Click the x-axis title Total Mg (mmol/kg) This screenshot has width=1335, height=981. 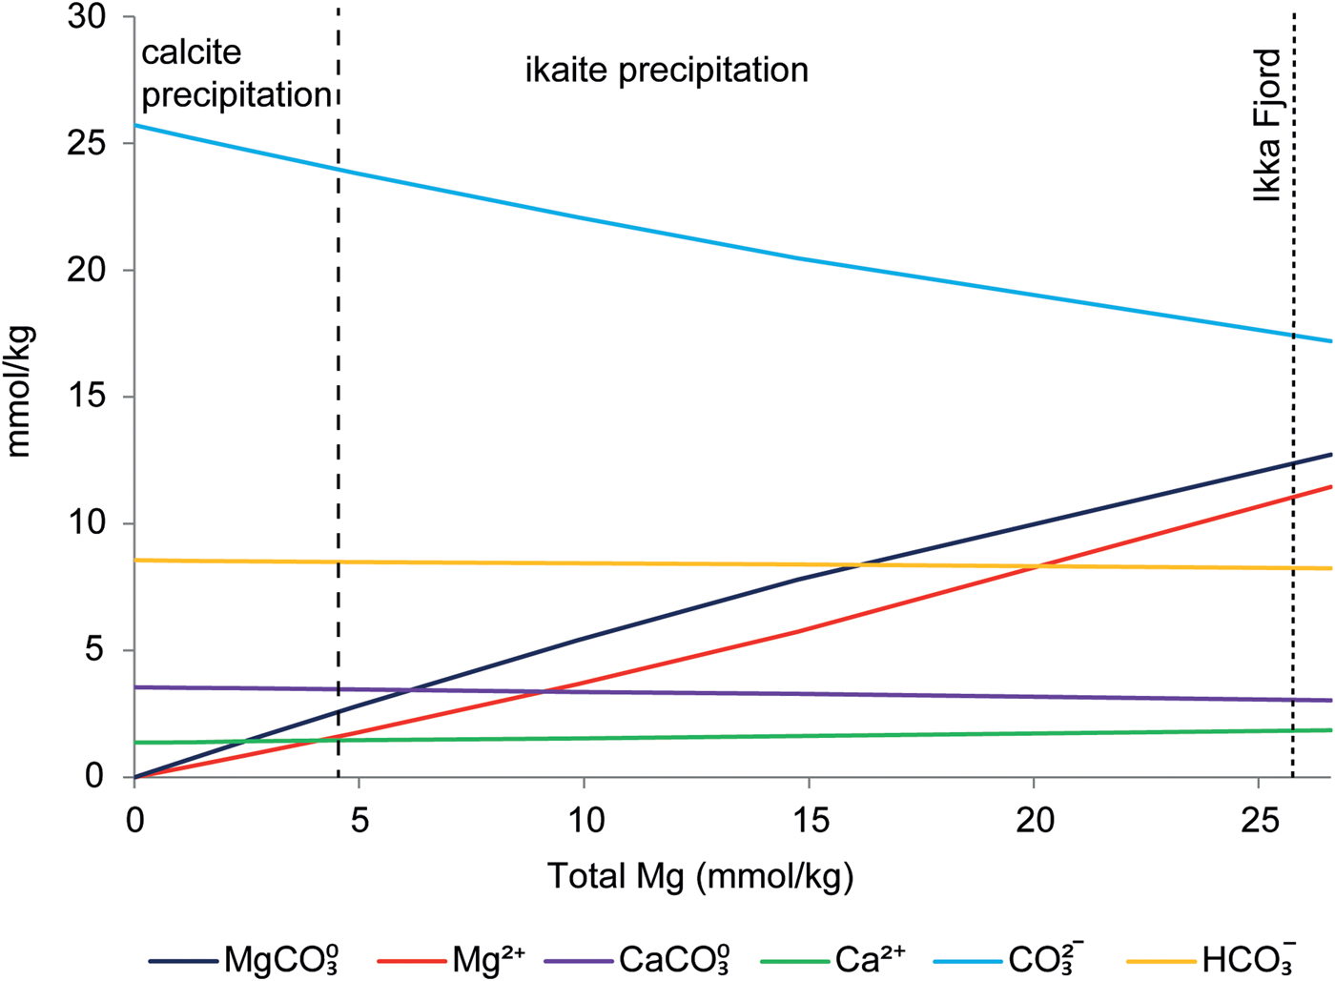(700, 875)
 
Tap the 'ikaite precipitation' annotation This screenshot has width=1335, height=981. (667, 70)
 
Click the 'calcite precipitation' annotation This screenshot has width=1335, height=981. (235, 73)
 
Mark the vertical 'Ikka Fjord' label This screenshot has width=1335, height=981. (1267, 125)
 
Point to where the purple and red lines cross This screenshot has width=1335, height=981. (544, 691)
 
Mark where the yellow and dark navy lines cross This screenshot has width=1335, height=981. (858, 565)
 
